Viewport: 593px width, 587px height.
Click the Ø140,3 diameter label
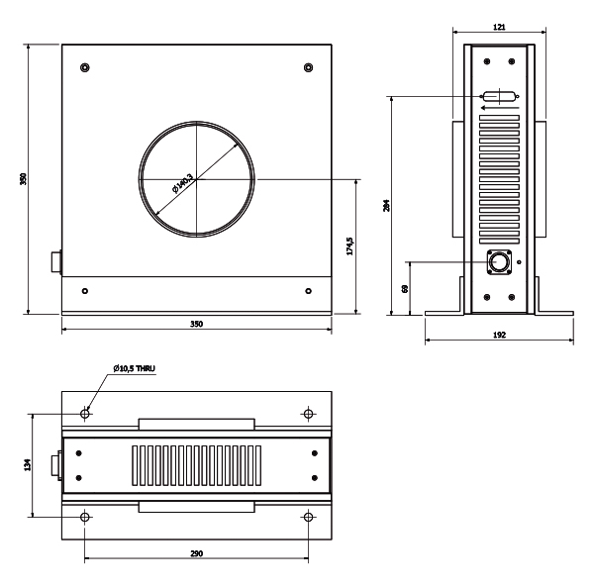click(183, 183)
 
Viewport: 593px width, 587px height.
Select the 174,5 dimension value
click(349, 246)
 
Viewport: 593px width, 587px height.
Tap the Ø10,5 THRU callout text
click(135, 368)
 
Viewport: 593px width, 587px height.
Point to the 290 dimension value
click(197, 553)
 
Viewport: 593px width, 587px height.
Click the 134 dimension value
click(28, 465)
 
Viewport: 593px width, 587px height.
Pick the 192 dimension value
click(499, 335)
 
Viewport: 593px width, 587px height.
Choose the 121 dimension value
click(499, 27)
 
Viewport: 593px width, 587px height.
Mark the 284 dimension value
click(386, 205)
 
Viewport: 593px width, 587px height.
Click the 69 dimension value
click(405, 289)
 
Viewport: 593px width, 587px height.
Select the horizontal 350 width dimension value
click(197, 324)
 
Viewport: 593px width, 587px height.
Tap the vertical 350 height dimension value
click(24, 179)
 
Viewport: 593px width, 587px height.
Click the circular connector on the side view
click(499, 261)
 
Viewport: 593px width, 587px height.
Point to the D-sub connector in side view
click(499, 96)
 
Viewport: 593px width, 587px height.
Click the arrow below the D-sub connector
click(500, 108)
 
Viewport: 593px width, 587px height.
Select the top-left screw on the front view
click(85, 67)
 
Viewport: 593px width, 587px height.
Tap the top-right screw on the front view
click(308, 67)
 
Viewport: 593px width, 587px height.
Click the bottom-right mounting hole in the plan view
click(308, 517)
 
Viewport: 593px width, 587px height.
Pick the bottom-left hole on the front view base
click(85, 291)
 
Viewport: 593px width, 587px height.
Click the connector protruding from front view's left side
click(56, 261)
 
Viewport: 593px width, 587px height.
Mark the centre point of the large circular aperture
click(197, 179)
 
